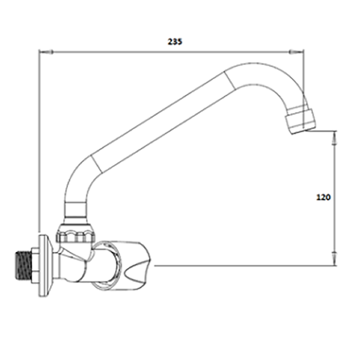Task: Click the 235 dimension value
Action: (x=175, y=41)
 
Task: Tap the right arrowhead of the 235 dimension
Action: (x=297, y=52)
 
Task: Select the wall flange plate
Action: (x=44, y=265)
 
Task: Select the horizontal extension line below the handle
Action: (x=245, y=266)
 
